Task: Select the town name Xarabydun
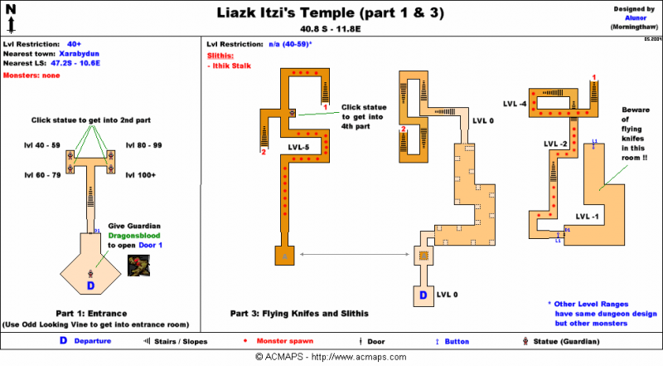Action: (x=81, y=52)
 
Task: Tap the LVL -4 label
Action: (x=515, y=104)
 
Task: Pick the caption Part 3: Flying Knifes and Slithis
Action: (x=298, y=313)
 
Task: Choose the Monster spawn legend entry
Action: (x=287, y=341)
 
